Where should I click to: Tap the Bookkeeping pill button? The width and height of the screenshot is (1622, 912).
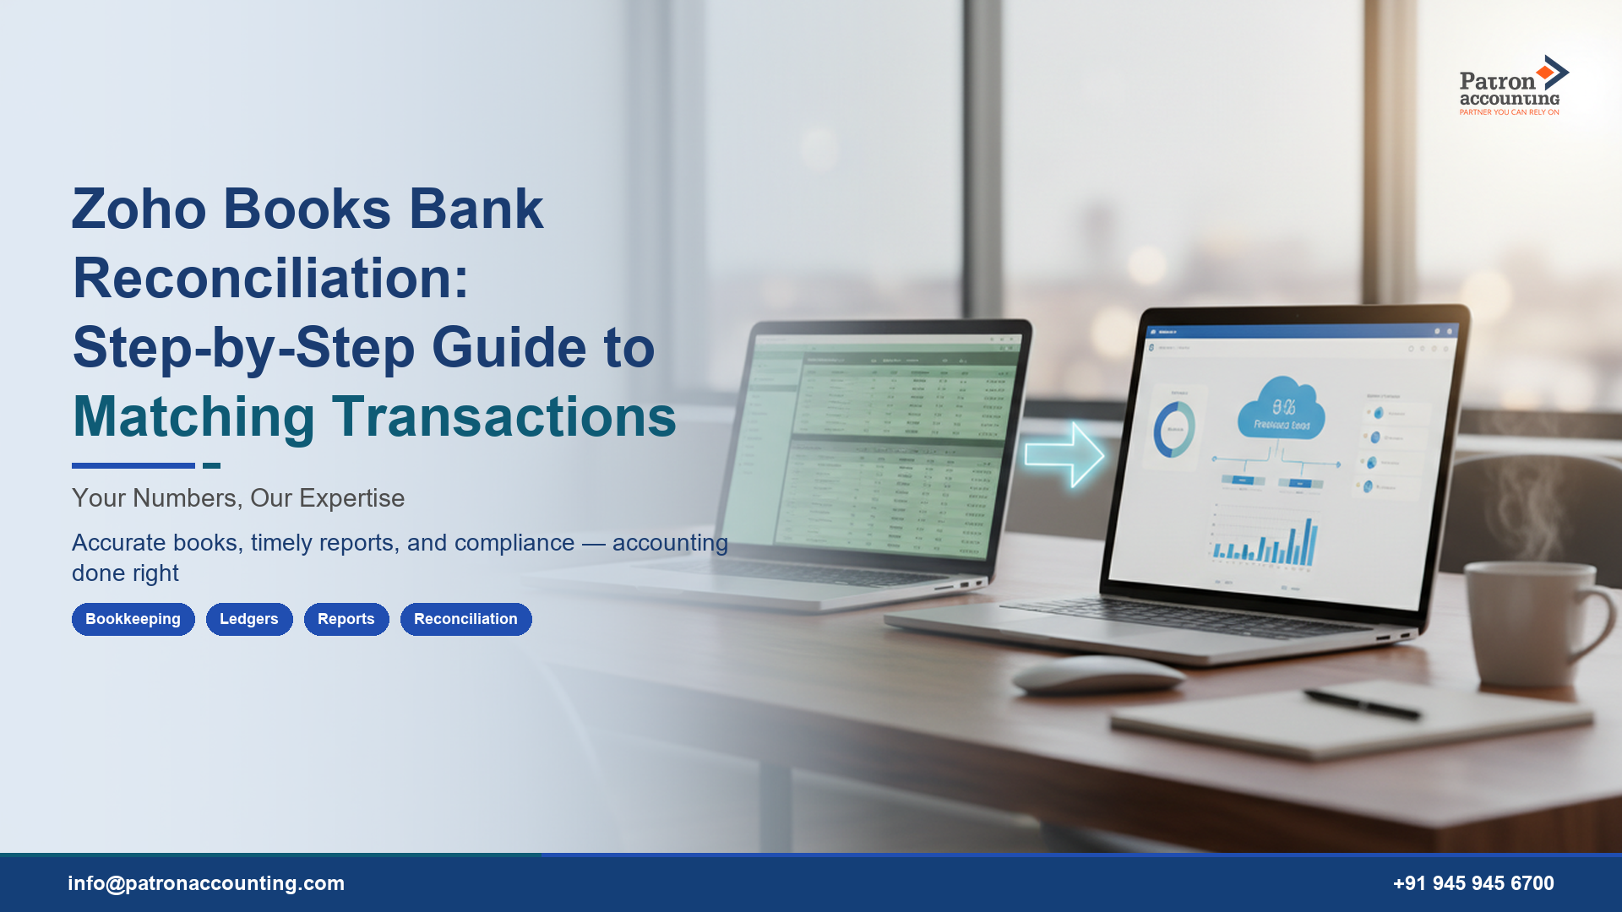coord(133,619)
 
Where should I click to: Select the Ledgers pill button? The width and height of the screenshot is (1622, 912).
coord(248,619)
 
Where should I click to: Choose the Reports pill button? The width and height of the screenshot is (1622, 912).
coord(346,619)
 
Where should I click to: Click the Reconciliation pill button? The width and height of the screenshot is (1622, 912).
coord(465,619)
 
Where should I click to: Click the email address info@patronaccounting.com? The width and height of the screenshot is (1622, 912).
coord(206,883)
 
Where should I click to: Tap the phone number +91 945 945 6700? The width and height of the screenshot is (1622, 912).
coord(1472,883)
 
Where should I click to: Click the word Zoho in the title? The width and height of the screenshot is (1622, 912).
coord(139,209)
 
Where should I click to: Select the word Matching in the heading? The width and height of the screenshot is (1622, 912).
coord(193,417)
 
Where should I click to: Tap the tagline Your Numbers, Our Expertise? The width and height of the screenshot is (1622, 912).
coord(237,498)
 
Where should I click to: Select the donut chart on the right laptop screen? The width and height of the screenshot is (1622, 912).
coord(1174,430)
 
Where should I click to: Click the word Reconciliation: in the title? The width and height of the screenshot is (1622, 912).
coord(270,279)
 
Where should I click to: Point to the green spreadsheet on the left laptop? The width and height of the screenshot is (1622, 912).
coord(887,448)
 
